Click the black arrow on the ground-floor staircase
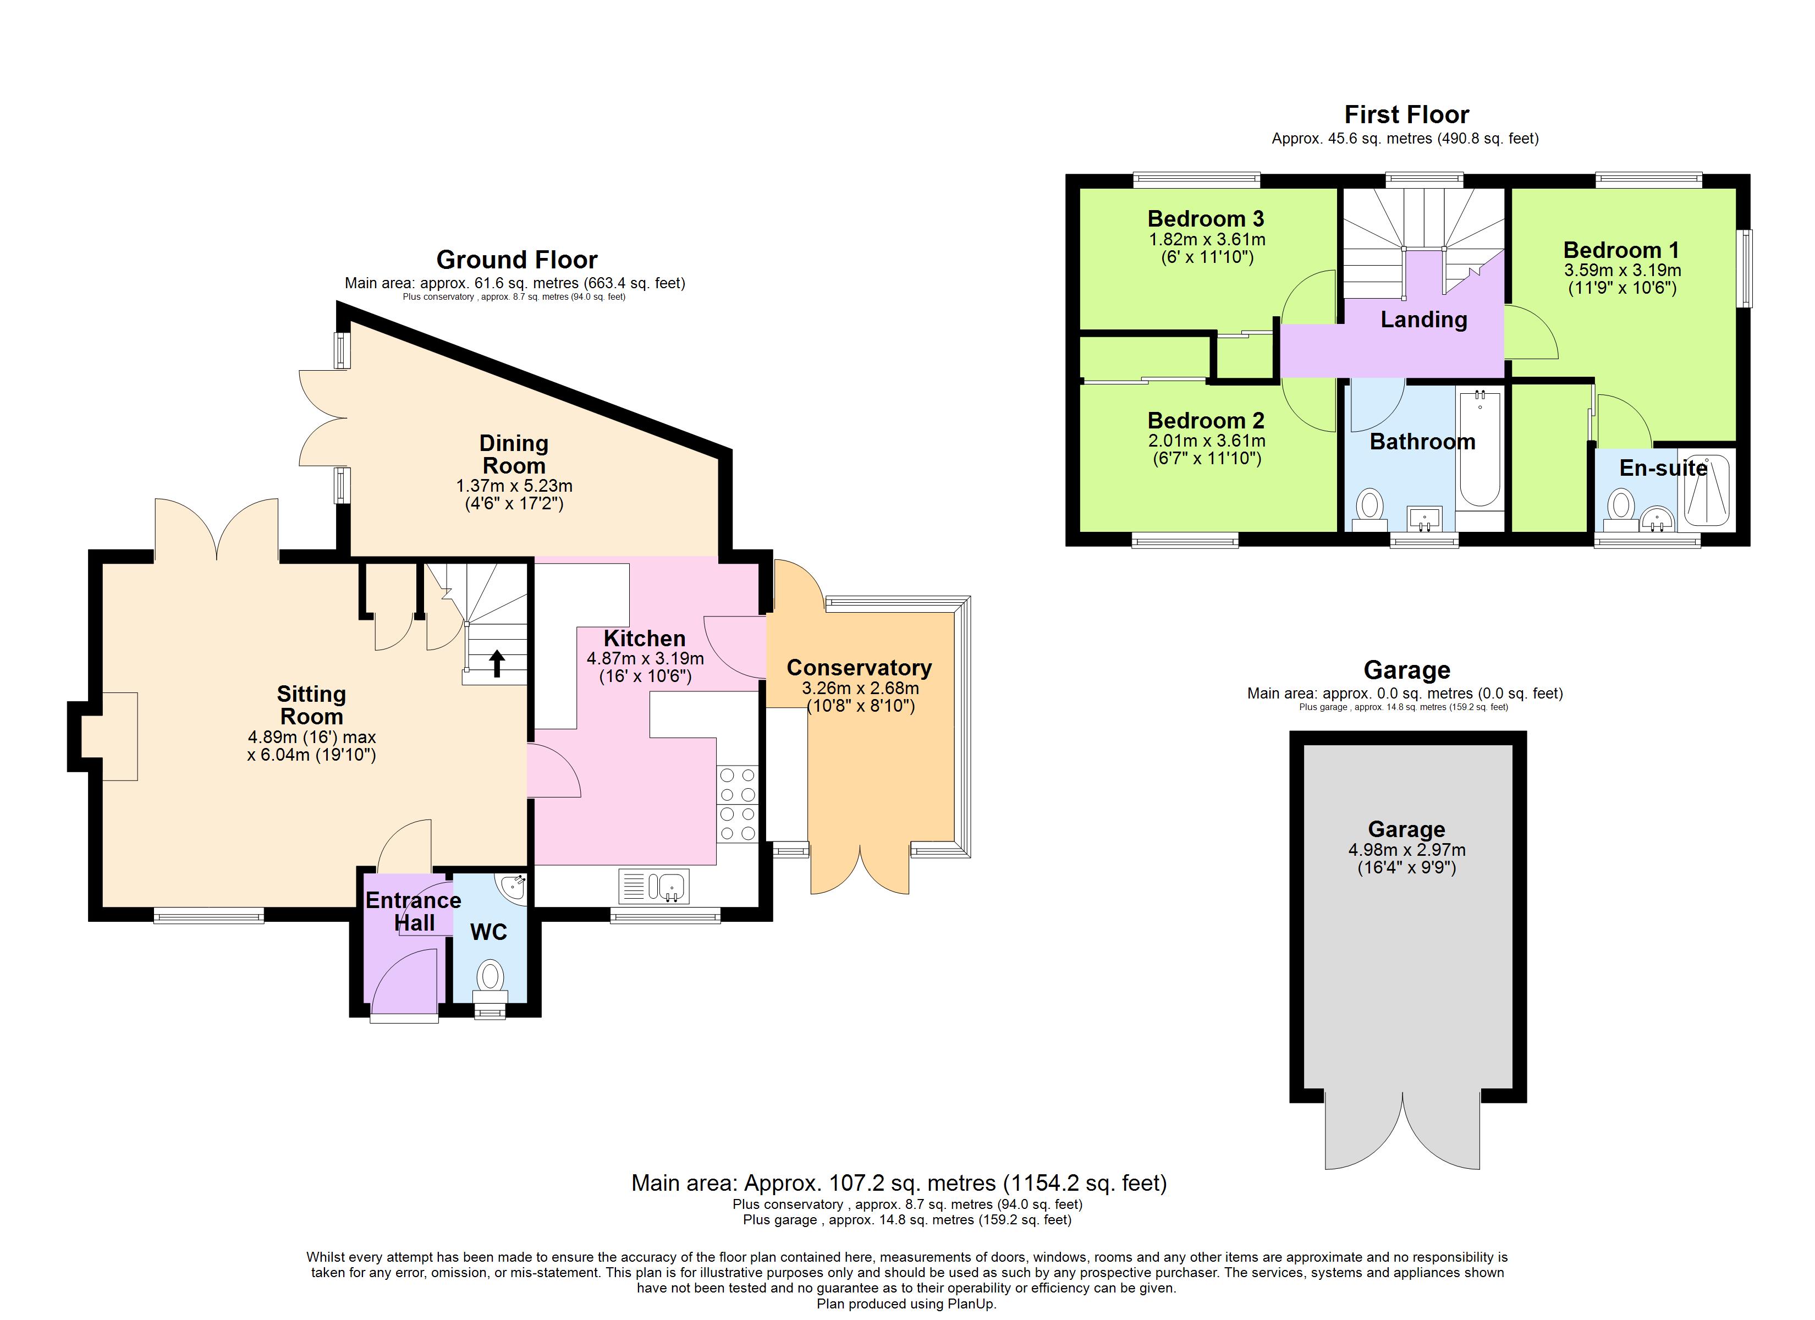coord(497,663)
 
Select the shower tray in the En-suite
coord(1706,491)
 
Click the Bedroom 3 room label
coord(1206,218)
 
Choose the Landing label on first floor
coord(1423,320)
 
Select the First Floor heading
coord(1406,114)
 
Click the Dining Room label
coord(513,454)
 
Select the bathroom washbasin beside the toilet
coord(1423,519)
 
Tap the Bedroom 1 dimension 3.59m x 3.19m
coord(1621,271)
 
